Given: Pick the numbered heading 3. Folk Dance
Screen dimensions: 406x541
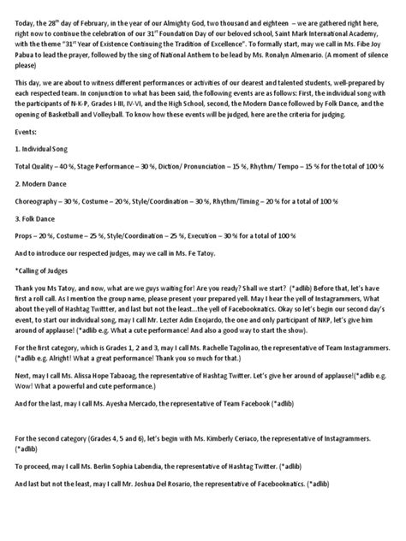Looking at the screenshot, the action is click(37, 220).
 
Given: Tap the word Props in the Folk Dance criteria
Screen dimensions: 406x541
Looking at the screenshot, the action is click(25, 235).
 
